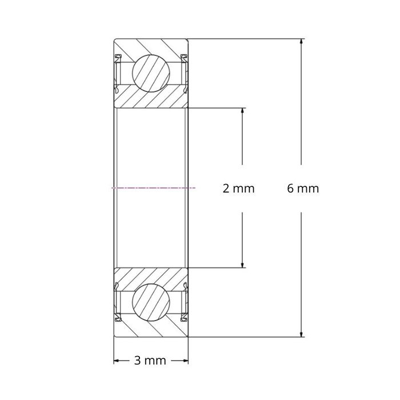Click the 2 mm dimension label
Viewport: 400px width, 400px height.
coord(238,189)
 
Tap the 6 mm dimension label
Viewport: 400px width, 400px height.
coord(303,189)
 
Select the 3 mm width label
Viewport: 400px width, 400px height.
coord(150,361)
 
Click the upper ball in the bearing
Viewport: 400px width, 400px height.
coord(151,73)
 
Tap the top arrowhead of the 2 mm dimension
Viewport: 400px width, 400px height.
coord(243,111)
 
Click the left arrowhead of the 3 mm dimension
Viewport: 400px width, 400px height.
coord(117,361)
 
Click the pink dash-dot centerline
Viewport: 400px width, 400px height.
coord(154,187)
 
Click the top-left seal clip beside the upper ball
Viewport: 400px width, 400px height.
coord(118,57)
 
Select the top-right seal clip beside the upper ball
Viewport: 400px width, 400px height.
coord(185,57)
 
